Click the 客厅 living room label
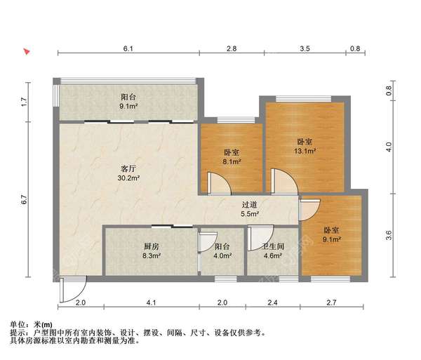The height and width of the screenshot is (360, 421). click(x=128, y=168)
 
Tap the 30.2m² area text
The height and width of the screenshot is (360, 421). click(x=128, y=178)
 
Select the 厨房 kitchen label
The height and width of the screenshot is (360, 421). click(x=152, y=246)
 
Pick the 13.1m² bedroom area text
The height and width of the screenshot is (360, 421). click(x=305, y=150)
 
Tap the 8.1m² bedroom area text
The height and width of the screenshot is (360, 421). click(x=232, y=161)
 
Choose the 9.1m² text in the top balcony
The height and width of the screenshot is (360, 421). click(x=128, y=107)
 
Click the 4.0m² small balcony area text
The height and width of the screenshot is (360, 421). click(x=222, y=256)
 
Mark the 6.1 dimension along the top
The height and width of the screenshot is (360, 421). click(x=128, y=48)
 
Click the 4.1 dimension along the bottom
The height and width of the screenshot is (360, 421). click(x=151, y=302)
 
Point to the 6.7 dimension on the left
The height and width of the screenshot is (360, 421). click(x=24, y=199)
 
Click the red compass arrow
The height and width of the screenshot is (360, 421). click(x=26, y=51)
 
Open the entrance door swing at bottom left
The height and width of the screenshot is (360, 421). click(x=72, y=288)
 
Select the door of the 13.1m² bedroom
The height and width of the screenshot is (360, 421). click(x=283, y=182)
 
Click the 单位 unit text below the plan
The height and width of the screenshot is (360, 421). click(x=18, y=324)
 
